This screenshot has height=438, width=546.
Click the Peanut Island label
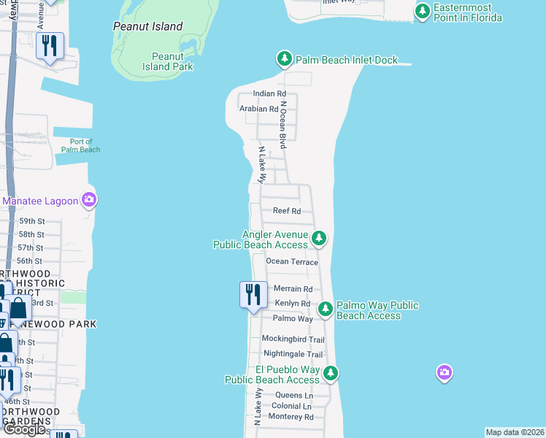[x=147, y=26]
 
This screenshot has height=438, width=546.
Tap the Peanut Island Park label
[x=172, y=61]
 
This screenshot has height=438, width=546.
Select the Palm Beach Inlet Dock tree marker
[x=284, y=59]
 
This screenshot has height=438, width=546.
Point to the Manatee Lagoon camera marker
[x=89, y=200]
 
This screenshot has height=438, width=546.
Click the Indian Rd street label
[x=269, y=94]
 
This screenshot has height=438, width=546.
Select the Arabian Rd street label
[x=259, y=109]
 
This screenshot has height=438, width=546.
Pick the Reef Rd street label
[x=287, y=211]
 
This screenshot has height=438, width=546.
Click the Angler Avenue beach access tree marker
[x=318, y=238]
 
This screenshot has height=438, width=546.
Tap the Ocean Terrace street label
[x=292, y=262]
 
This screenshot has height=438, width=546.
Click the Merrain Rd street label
[x=293, y=289]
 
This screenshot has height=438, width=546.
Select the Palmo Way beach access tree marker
[x=326, y=310]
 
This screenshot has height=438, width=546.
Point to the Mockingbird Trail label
[x=293, y=339]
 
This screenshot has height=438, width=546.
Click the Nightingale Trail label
[x=293, y=354]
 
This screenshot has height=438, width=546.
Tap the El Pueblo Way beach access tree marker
[x=331, y=374]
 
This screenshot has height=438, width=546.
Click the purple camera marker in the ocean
[x=444, y=374]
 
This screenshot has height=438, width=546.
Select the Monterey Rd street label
[x=291, y=417]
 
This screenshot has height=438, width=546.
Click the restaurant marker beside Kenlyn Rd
[x=253, y=295]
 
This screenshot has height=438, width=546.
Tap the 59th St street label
[x=32, y=221]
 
